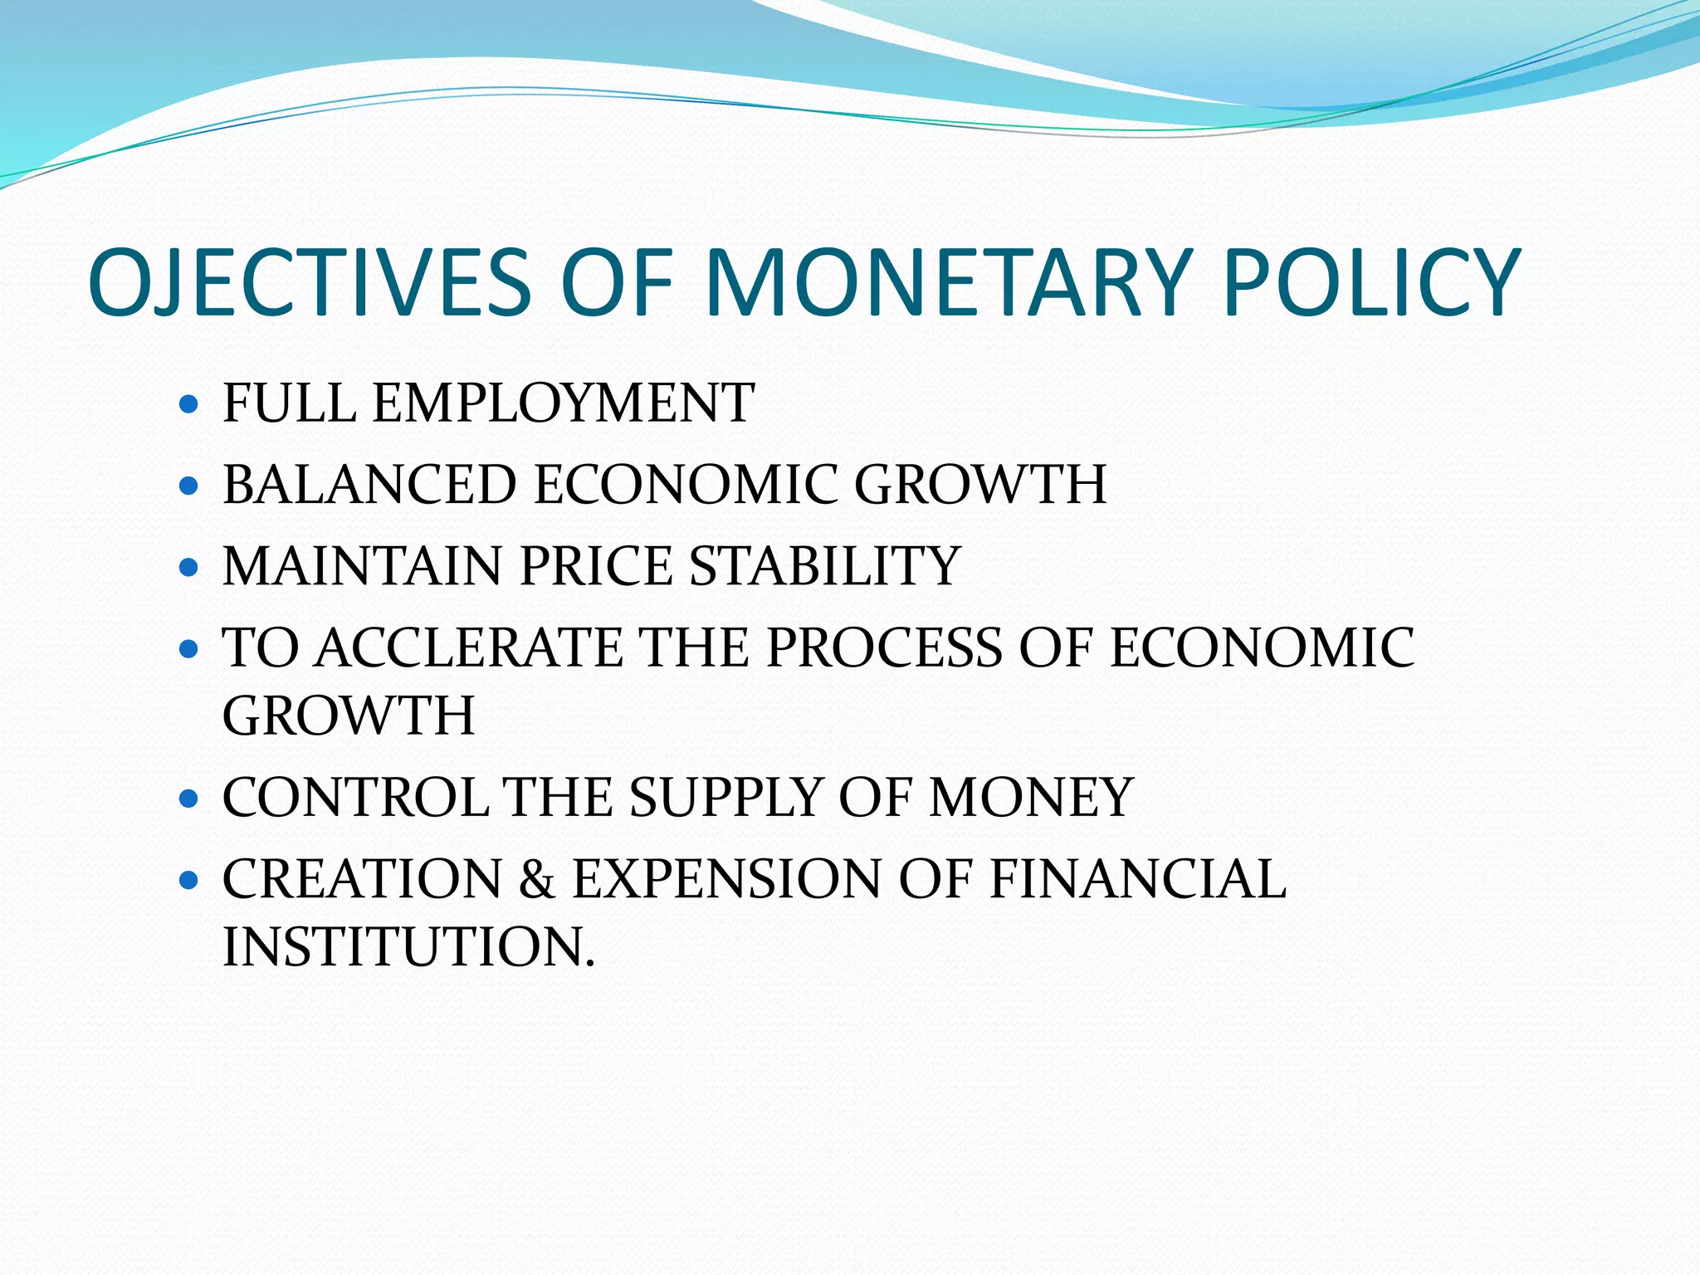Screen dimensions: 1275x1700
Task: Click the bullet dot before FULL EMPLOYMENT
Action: [x=189, y=404]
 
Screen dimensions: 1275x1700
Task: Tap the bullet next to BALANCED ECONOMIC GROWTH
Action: [x=189, y=486]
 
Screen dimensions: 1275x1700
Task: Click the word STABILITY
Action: [x=825, y=566]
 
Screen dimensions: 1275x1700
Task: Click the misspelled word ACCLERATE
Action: [x=469, y=647]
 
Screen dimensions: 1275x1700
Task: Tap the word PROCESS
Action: [x=884, y=647]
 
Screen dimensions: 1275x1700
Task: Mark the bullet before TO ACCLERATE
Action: [x=189, y=648]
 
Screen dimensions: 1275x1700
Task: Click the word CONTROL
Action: [x=355, y=798]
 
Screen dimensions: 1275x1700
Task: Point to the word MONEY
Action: [x=1031, y=798]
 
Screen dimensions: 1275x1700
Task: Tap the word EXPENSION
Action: [x=727, y=879]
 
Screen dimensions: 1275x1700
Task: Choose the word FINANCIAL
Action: [x=1138, y=879]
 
